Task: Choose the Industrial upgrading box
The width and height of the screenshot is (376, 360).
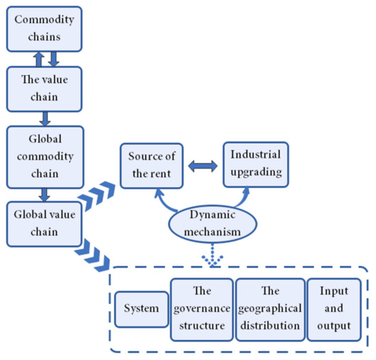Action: tap(255, 164)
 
